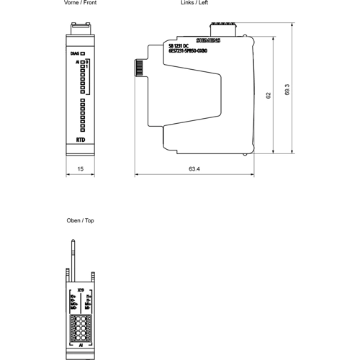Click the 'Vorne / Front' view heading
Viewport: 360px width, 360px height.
coord(80,4)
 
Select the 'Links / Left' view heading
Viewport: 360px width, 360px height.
coord(194,4)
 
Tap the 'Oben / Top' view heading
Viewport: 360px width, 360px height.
coord(80,220)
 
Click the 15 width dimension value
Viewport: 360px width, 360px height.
coord(81,169)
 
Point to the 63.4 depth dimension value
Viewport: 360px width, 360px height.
coord(194,169)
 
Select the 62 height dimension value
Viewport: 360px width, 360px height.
coord(269,94)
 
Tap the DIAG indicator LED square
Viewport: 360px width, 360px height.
coord(84,53)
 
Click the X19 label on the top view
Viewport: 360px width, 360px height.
coord(81,290)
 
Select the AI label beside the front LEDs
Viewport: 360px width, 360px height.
coord(77,63)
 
